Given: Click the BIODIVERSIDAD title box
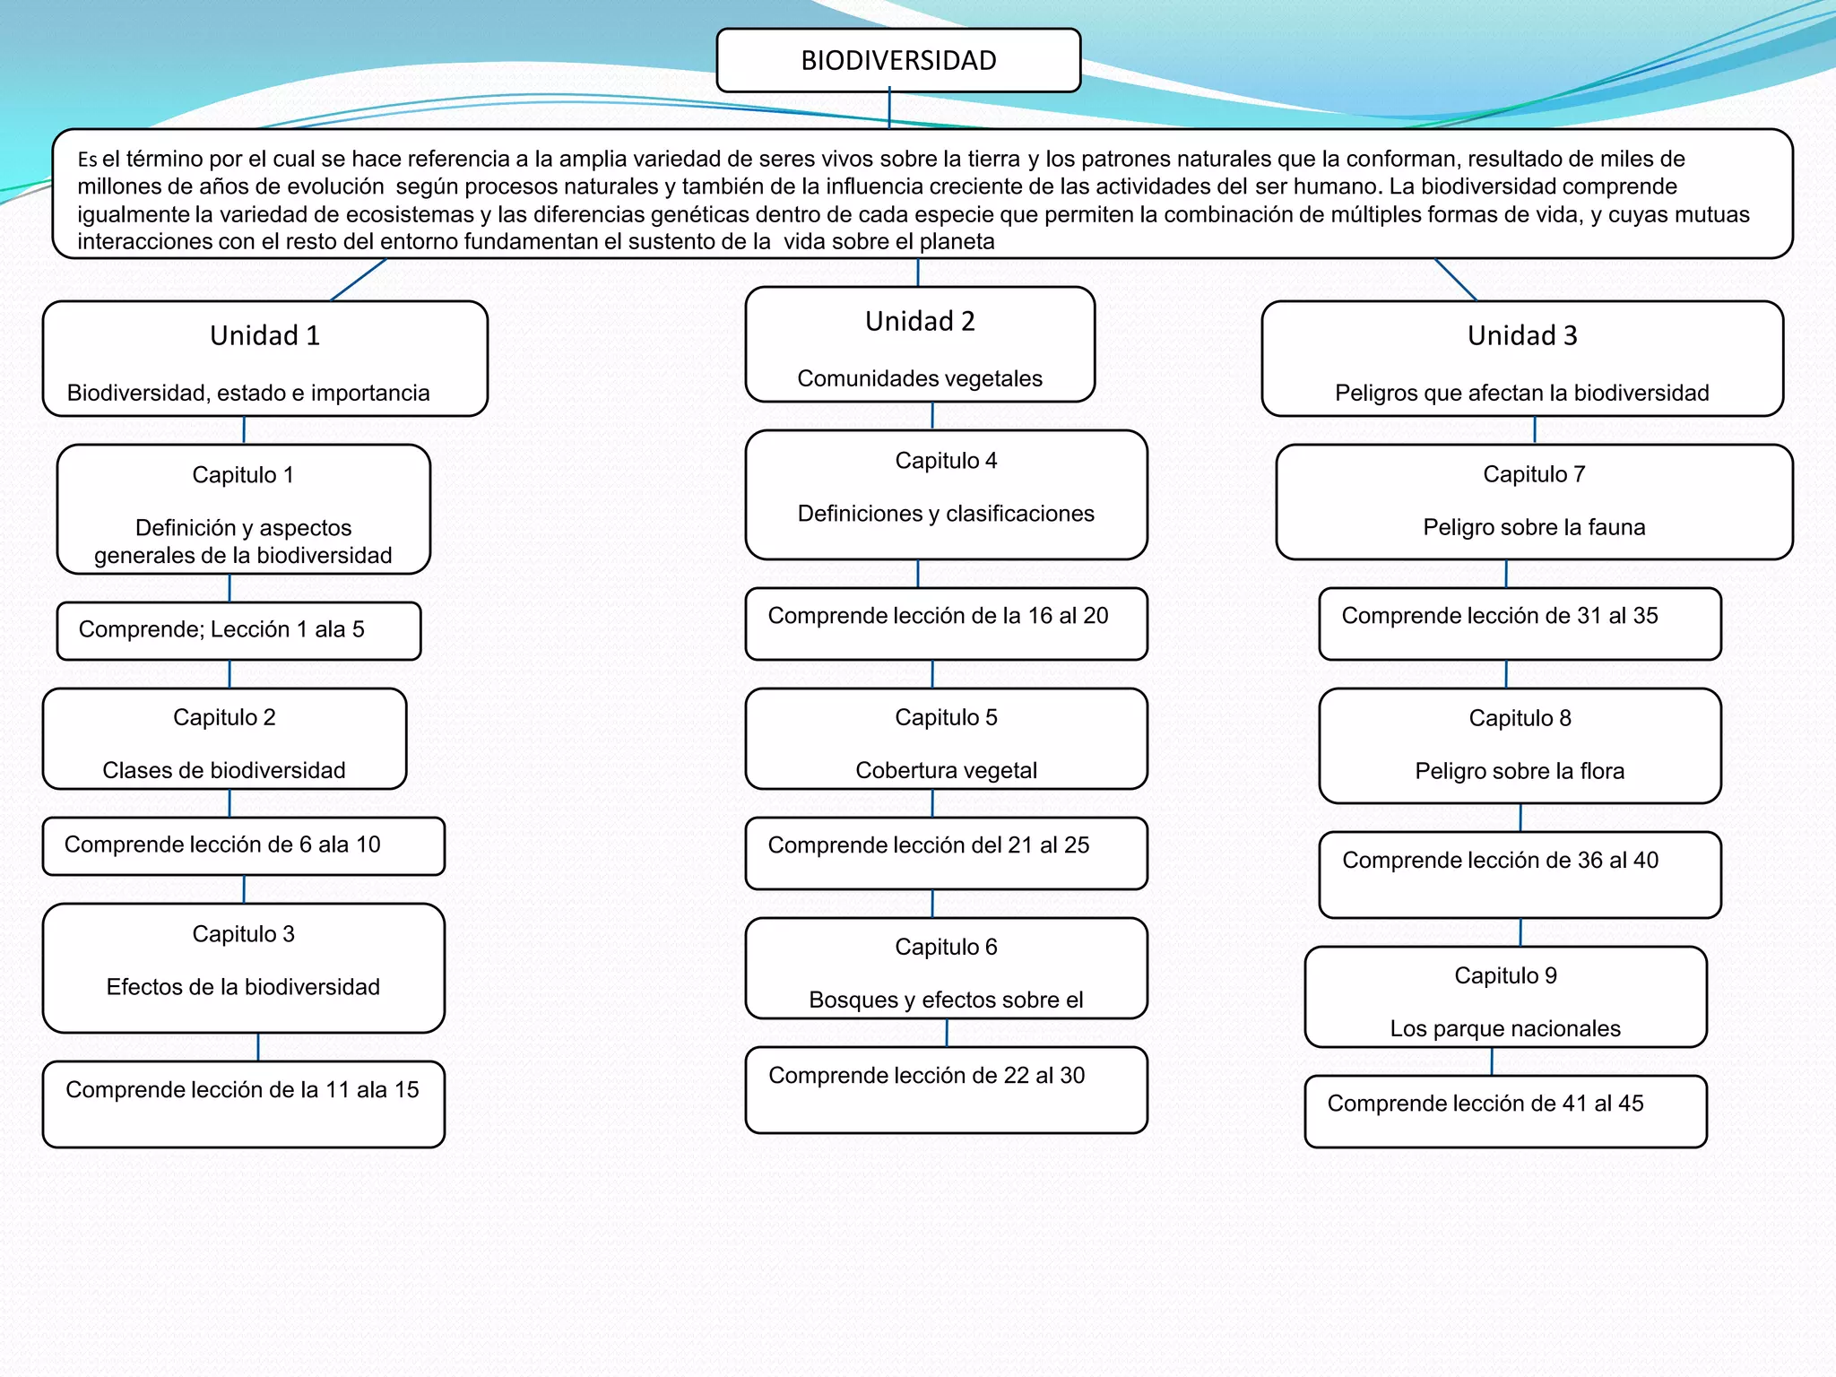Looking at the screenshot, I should [x=898, y=60].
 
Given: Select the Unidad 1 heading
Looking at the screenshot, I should [x=264, y=335].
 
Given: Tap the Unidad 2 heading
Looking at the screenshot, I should [x=920, y=321].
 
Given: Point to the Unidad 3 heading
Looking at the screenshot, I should [x=1522, y=335].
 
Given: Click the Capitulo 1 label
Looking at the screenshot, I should [x=243, y=474].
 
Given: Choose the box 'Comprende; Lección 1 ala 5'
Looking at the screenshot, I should [x=238, y=630].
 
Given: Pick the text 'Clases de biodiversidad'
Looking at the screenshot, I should [x=224, y=770].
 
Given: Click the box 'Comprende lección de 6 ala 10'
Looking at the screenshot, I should [x=243, y=845].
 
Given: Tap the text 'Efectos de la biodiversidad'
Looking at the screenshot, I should [x=243, y=987].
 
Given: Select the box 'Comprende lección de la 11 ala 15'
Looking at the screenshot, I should [x=243, y=1104].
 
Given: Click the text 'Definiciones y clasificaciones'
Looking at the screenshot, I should [x=946, y=514].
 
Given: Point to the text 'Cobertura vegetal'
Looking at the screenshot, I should [x=946, y=770].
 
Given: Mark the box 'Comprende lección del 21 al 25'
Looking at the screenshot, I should [x=946, y=853].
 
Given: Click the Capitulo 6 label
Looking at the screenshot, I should [x=946, y=947].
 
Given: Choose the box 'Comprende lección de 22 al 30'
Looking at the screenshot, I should [x=946, y=1089].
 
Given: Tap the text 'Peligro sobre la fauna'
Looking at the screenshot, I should [x=1534, y=527].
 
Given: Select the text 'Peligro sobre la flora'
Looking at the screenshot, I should [x=1520, y=771].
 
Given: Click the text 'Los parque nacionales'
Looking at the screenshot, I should [x=1505, y=1028].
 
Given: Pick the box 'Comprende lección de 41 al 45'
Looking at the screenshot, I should [x=1505, y=1111].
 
